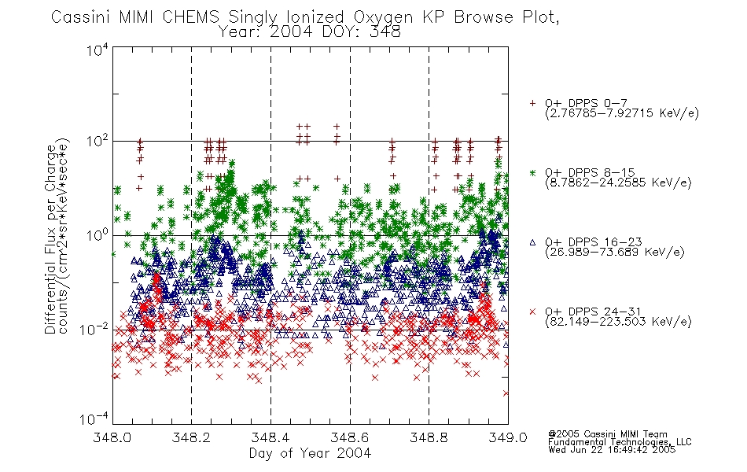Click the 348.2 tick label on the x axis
click(x=191, y=437)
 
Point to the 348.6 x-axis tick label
click(x=350, y=437)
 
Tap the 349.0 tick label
click(x=508, y=437)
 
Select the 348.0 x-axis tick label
click(x=112, y=437)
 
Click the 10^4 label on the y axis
click(x=98, y=50)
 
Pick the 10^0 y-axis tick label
click(x=98, y=234)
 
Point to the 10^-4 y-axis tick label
click(x=94, y=419)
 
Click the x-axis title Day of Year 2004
click(x=310, y=453)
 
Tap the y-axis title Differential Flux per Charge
click(x=50, y=239)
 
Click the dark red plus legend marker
click(x=532, y=103)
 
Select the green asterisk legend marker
click(x=532, y=172)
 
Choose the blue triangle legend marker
click(x=532, y=242)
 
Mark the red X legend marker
click(x=532, y=312)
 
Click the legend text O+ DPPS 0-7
click(x=586, y=103)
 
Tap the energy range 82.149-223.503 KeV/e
click(x=618, y=321)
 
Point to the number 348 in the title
click(x=385, y=32)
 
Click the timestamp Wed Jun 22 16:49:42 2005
click(x=612, y=449)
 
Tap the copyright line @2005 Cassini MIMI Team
click(x=607, y=434)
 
